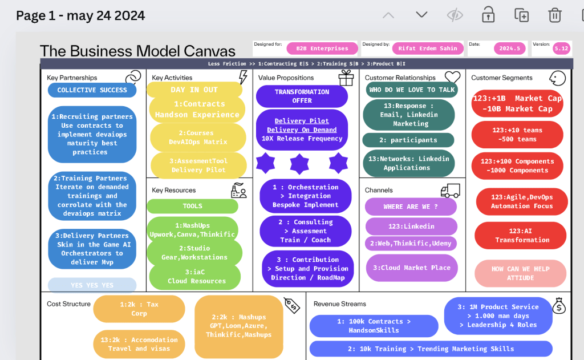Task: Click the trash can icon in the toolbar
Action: coord(554,15)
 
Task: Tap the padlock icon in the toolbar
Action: coord(488,15)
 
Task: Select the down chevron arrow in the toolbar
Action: coord(421,14)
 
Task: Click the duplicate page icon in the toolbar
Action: coord(521,15)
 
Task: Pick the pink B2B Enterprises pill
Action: coord(322,48)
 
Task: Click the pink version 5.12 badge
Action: coord(561,48)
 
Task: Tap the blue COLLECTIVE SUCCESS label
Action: coord(92,90)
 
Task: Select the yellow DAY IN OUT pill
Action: coord(194,90)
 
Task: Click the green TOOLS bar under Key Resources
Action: coord(193,206)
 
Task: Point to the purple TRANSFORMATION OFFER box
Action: coord(302,96)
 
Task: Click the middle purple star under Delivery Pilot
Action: coord(299,164)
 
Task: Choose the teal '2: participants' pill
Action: coord(408,140)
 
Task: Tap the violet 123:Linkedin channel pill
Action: coord(411,226)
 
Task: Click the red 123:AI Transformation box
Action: coord(520,236)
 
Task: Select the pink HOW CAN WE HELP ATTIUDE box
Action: coord(520,273)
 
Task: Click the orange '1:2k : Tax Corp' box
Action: coord(139,309)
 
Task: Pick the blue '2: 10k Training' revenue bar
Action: coord(431,349)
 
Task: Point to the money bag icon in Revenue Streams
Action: coord(559,306)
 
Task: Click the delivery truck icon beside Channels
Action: coord(451,190)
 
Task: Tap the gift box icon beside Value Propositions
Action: coord(346,78)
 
